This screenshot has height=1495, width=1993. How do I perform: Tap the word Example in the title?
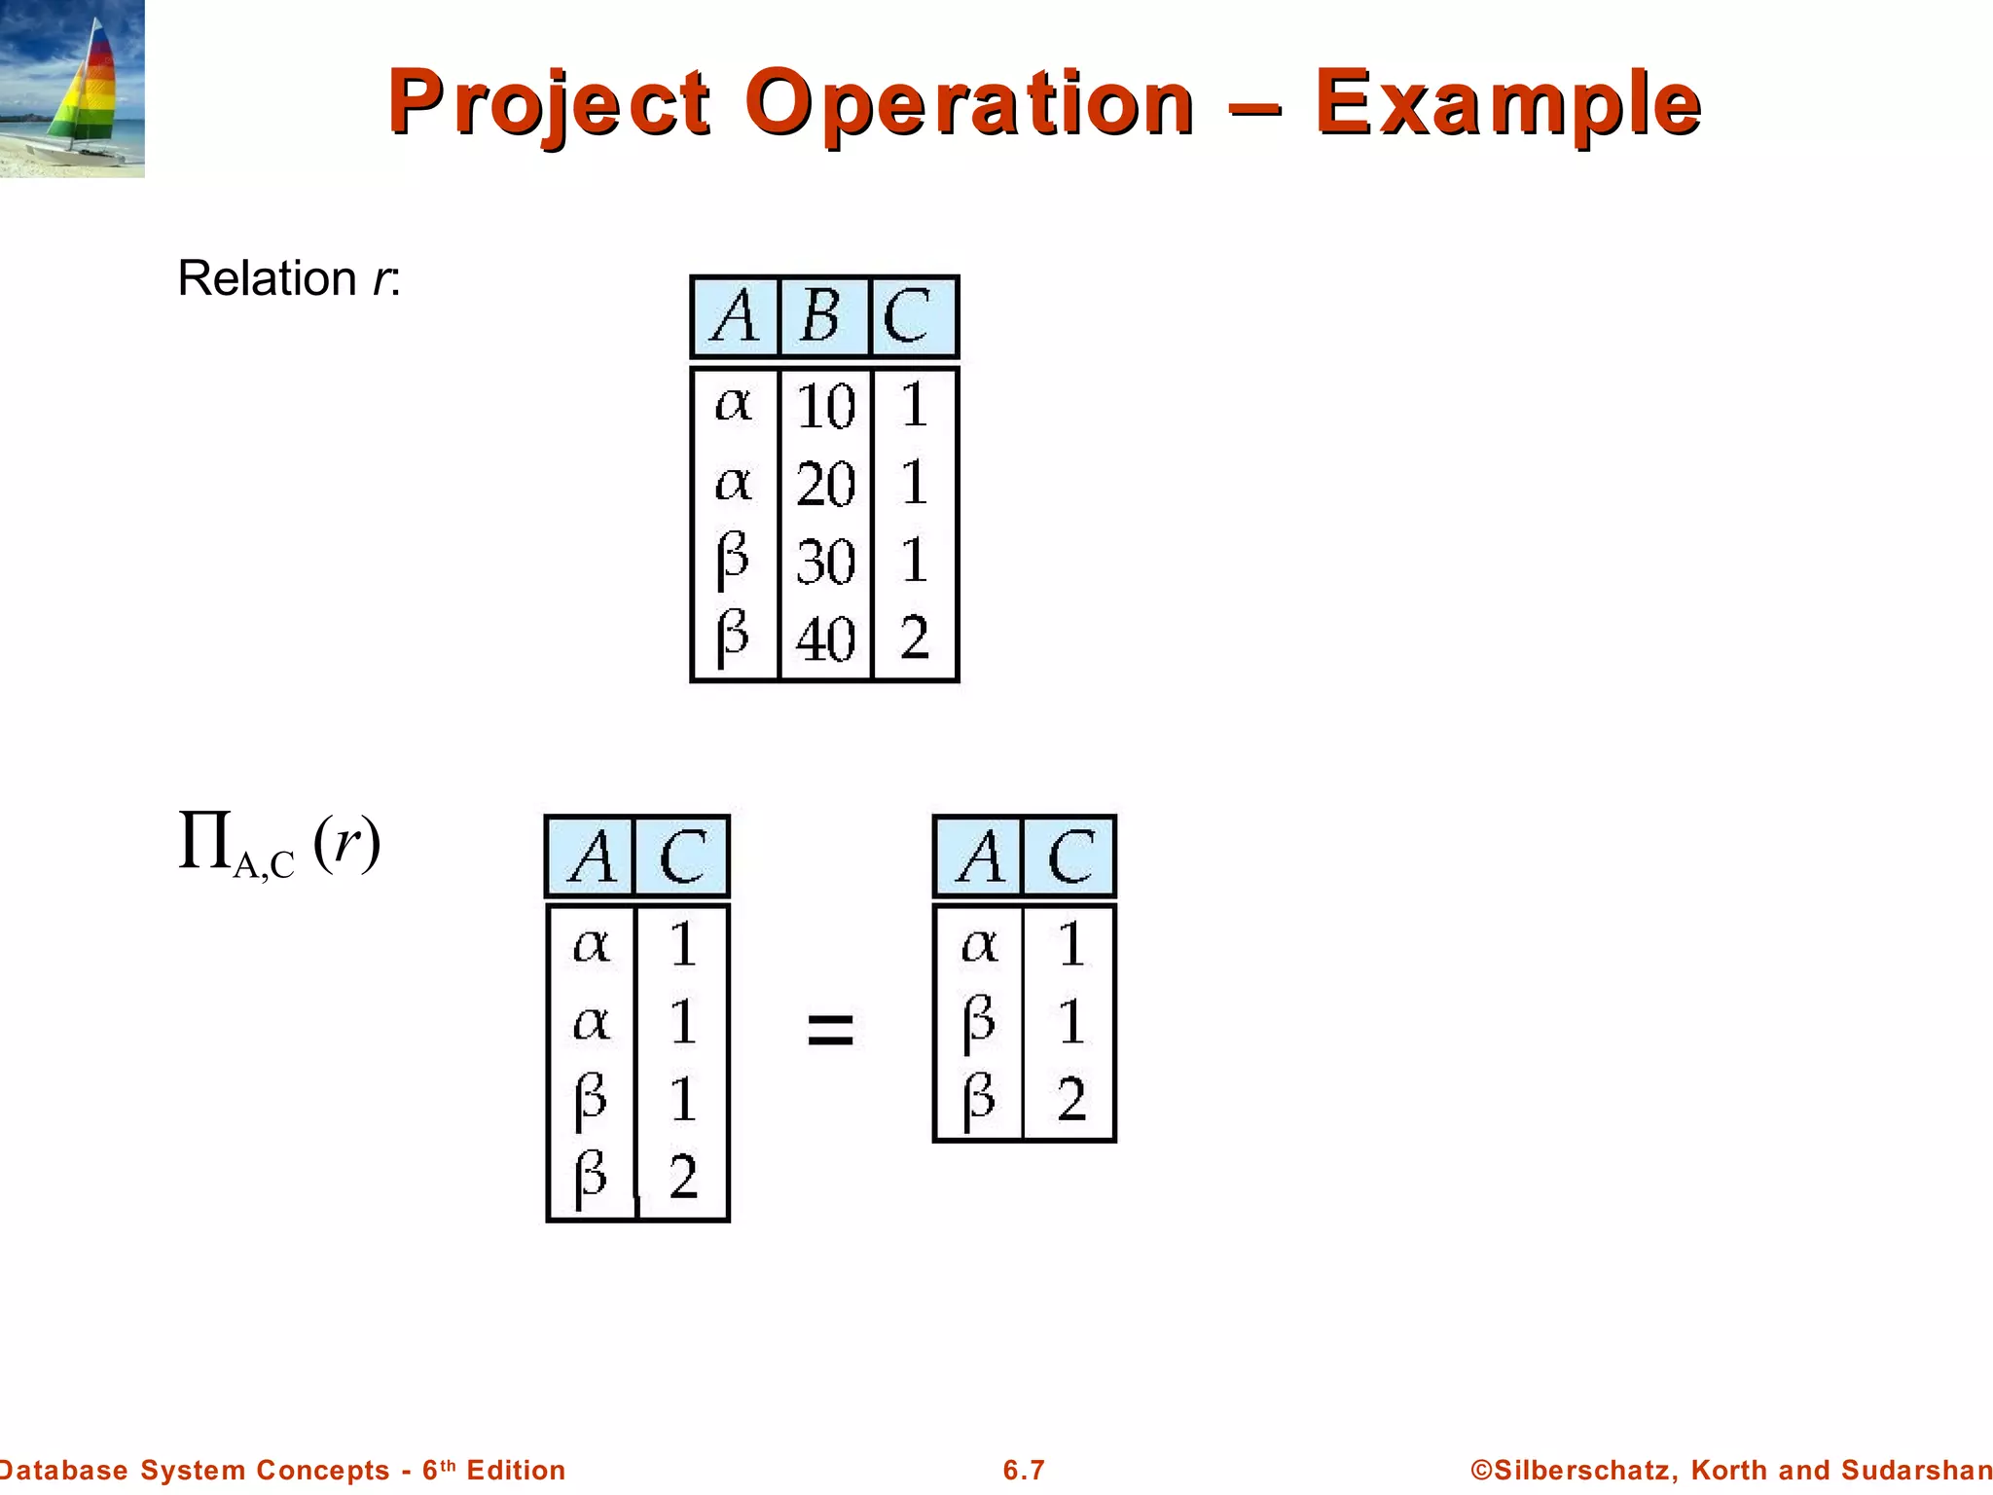point(1507,104)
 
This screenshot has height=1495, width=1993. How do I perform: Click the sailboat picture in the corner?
point(72,89)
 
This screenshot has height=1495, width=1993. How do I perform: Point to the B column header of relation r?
point(821,316)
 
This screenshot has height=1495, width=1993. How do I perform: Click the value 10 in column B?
point(825,406)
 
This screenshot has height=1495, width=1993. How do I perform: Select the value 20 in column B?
point(825,484)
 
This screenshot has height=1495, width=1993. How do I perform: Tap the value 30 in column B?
point(825,562)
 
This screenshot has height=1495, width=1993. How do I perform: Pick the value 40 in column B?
point(825,639)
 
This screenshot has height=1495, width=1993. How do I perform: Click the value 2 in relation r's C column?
point(914,638)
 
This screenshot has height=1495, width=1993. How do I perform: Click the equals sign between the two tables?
point(830,1029)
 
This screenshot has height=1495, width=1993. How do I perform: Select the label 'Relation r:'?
point(289,278)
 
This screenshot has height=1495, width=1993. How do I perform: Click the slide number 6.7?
point(1024,1470)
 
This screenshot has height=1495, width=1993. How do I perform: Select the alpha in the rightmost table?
point(979,944)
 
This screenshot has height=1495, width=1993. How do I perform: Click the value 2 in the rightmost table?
point(1070,1100)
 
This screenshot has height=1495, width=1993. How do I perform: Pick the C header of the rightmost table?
point(1070,857)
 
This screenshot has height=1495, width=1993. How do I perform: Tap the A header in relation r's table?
point(735,316)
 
